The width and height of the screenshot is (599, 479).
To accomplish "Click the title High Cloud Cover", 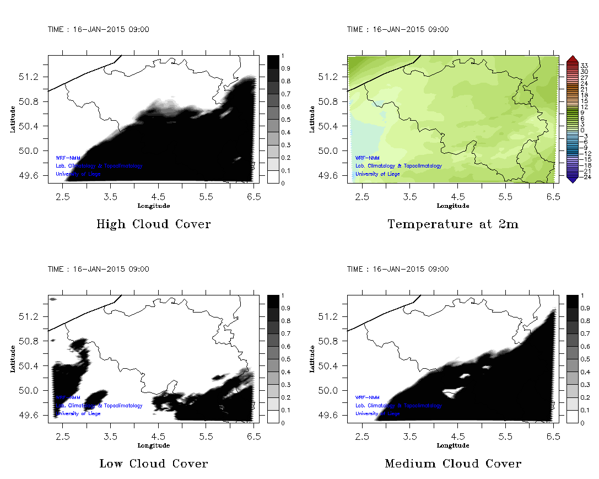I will (153, 224).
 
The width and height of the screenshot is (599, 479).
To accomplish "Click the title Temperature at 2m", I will (453, 224).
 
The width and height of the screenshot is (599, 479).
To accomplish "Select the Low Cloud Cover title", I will (153, 464).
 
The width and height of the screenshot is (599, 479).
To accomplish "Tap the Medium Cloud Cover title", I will (453, 464).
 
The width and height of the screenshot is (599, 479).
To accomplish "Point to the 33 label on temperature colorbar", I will (585, 66).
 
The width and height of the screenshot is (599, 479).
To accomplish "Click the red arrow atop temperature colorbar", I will (571, 58).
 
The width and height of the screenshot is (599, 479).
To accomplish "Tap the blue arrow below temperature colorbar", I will (571, 179).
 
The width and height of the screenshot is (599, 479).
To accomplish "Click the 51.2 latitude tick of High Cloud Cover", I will (32, 77).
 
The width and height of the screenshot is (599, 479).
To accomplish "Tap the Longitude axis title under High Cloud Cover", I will (153, 206).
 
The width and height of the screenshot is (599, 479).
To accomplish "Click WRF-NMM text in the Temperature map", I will (367, 158).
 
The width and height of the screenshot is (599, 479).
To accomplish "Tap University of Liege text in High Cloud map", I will (78, 174).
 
